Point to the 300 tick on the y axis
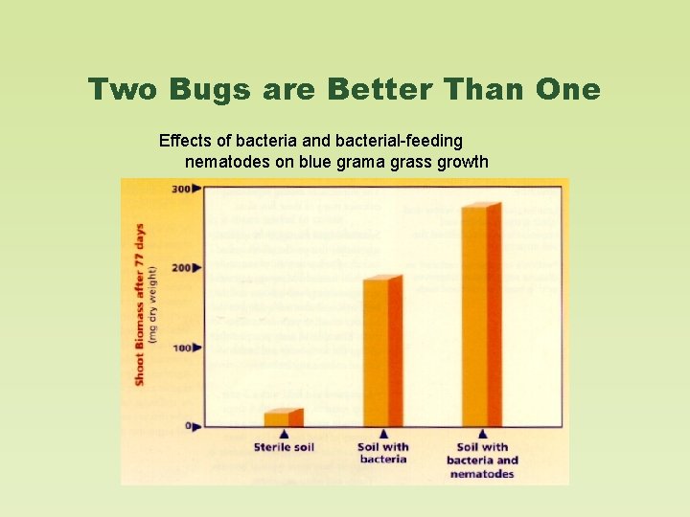pyautogui.click(x=180, y=189)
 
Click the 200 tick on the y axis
pyautogui.click(x=180, y=267)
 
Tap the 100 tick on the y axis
pyautogui.click(x=180, y=347)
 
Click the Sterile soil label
pyautogui.click(x=284, y=447)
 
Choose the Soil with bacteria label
pyautogui.click(x=382, y=453)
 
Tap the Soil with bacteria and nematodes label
pyautogui.click(x=482, y=460)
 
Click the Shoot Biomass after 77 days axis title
pyautogui.click(x=140, y=305)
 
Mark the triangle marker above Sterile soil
pyautogui.click(x=283, y=434)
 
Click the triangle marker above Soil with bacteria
pyautogui.click(x=382, y=434)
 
